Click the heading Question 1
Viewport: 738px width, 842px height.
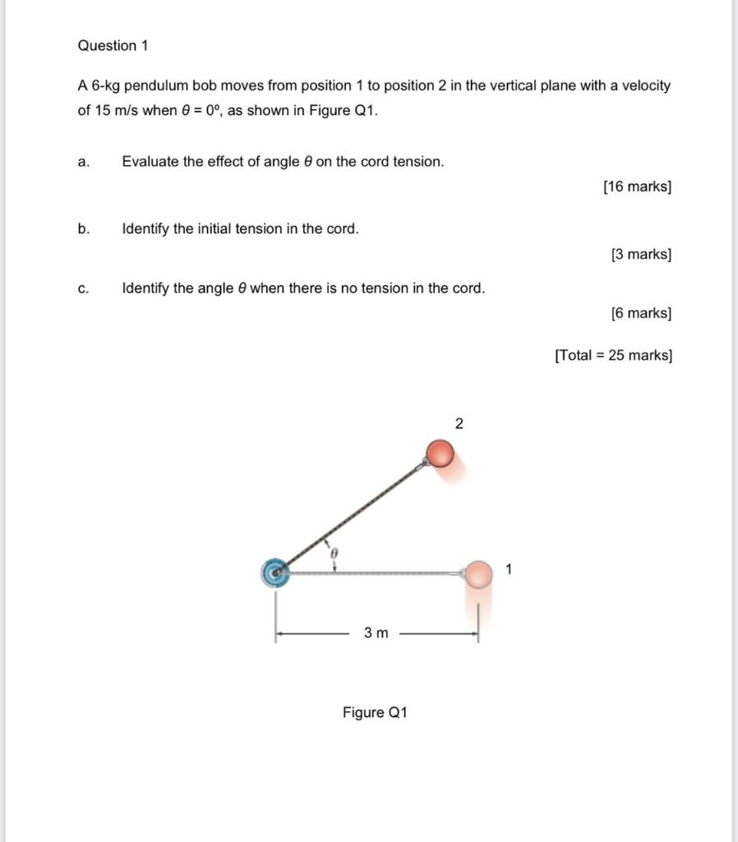coord(113,46)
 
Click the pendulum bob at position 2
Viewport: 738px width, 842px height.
coord(440,453)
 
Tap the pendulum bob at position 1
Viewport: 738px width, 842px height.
coord(477,574)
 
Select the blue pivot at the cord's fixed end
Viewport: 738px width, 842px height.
coord(276,572)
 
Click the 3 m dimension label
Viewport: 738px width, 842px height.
coord(376,633)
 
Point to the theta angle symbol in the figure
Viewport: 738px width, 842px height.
coord(334,555)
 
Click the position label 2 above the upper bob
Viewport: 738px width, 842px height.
coord(459,424)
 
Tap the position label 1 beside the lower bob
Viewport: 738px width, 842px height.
coord(509,568)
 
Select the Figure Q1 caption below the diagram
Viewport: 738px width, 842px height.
coord(375,712)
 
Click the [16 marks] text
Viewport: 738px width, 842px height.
coord(637,187)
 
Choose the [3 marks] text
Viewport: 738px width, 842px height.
coord(641,255)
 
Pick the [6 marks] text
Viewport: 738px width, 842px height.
coord(641,313)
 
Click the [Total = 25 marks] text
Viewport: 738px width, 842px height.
coord(613,356)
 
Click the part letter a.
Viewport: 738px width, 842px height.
coord(82,162)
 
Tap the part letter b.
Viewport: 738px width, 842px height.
coord(83,229)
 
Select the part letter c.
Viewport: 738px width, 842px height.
coord(82,289)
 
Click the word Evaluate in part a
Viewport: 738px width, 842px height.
coord(150,162)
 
